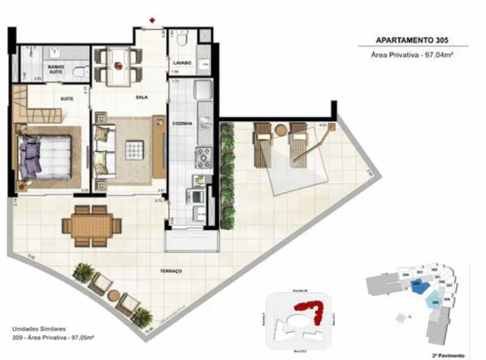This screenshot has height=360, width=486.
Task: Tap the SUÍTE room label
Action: tap(67, 99)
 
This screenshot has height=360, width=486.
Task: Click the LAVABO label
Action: tap(182, 63)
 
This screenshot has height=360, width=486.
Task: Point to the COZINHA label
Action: tap(182, 124)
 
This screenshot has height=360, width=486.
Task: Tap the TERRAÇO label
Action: tap(173, 271)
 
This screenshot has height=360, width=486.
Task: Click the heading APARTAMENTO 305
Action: tap(412, 40)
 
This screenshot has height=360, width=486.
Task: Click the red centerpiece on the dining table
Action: tap(118, 65)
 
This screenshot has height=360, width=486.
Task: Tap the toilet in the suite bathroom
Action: tap(81, 71)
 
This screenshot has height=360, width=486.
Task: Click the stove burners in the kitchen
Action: tap(203, 157)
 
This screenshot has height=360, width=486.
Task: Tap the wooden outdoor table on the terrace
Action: tap(91, 225)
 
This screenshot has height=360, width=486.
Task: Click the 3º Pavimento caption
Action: tap(449, 355)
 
